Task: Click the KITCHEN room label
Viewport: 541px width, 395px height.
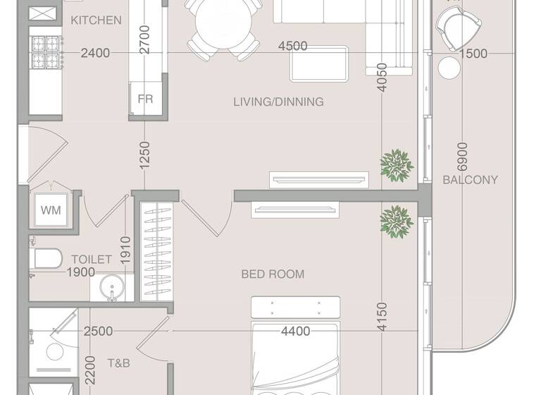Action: point(96,20)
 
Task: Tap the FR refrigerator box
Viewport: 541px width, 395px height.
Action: point(145,99)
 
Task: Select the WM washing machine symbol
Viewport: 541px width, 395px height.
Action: point(50,209)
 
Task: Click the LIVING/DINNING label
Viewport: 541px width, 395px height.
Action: point(278,102)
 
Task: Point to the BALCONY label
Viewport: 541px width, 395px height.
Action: point(470,180)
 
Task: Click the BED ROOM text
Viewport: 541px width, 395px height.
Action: point(273,274)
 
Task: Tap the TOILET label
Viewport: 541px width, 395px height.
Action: point(91,260)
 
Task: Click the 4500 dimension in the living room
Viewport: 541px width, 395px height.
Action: point(292,46)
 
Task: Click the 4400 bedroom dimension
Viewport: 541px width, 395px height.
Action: point(295,331)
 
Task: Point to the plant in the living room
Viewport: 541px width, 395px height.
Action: point(397,164)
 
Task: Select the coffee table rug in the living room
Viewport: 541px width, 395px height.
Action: point(319,64)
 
